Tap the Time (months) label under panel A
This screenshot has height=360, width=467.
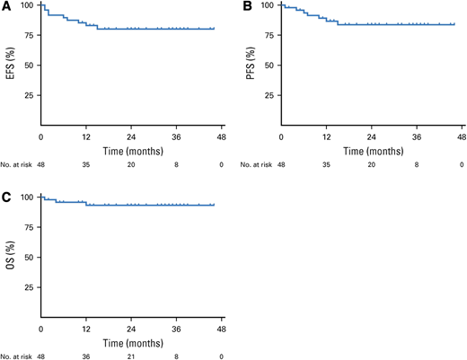coord(131,150)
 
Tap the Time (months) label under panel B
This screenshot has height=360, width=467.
coord(372,150)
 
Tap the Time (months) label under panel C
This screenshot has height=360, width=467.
coord(131,342)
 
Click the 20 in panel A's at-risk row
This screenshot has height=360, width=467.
coord(131,164)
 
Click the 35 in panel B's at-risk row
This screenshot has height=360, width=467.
coord(327,164)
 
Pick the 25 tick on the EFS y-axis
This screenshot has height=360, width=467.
coord(29,95)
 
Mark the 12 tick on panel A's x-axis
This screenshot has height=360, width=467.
coord(86,136)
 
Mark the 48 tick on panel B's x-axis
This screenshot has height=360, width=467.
coord(463,136)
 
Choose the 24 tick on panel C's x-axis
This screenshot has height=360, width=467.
coord(131,329)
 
